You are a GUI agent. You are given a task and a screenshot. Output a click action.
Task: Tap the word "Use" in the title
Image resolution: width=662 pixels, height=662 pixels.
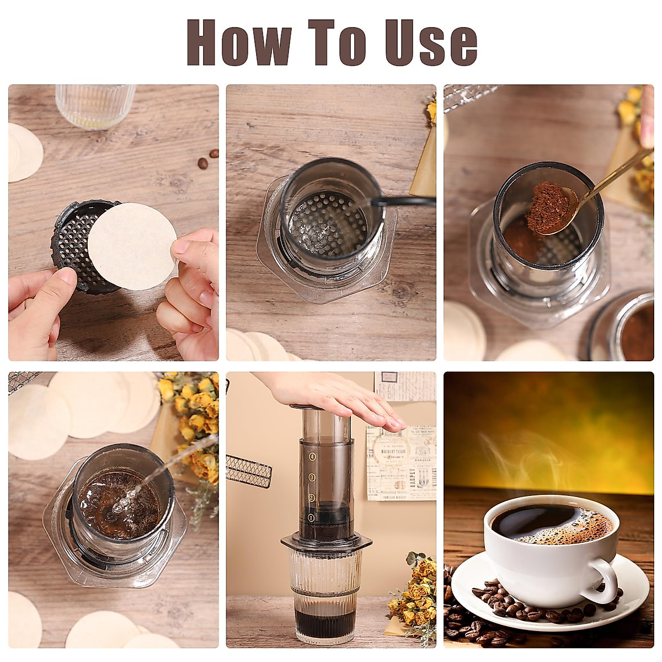tap(430, 42)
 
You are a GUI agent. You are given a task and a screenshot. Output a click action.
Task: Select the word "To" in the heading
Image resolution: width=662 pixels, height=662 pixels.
tap(337, 42)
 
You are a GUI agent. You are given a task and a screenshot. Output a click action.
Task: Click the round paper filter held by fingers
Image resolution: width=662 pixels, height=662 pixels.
tap(132, 245)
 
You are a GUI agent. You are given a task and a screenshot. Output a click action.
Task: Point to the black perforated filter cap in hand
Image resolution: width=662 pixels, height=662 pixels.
tap(72, 243)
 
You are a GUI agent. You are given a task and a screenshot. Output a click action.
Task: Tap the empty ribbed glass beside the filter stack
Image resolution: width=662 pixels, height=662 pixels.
tap(95, 105)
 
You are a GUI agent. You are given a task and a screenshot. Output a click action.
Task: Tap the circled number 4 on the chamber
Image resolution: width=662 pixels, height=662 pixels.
tap(312, 457)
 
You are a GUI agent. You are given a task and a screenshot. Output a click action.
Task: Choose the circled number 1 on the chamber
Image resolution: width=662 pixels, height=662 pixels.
tap(311, 517)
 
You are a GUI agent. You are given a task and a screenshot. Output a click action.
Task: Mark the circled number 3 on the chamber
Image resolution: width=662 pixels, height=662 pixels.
tap(312, 477)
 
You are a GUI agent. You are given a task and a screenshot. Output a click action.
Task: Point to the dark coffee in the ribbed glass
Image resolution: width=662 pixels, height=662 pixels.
tap(324, 621)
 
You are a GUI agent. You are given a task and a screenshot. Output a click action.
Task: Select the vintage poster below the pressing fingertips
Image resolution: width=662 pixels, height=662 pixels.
tap(400, 463)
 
